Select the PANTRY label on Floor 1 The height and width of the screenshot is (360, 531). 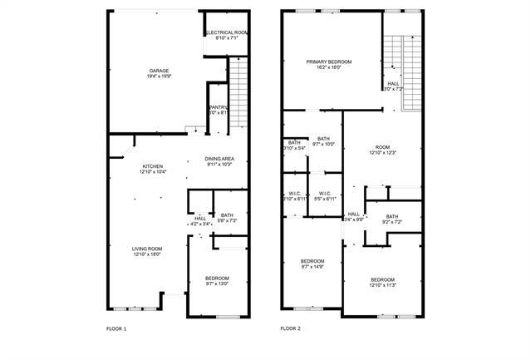point(218,107)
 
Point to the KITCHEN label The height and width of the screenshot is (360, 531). point(152,166)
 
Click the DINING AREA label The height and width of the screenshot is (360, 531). point(219,159)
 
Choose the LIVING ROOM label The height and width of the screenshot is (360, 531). point(147,249)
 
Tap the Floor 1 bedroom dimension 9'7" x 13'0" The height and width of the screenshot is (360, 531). point(217,284)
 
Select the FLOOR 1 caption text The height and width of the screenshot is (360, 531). point(116,329)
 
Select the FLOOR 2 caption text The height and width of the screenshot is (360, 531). point(290,329)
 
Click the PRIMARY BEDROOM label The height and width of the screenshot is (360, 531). point(328,62)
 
